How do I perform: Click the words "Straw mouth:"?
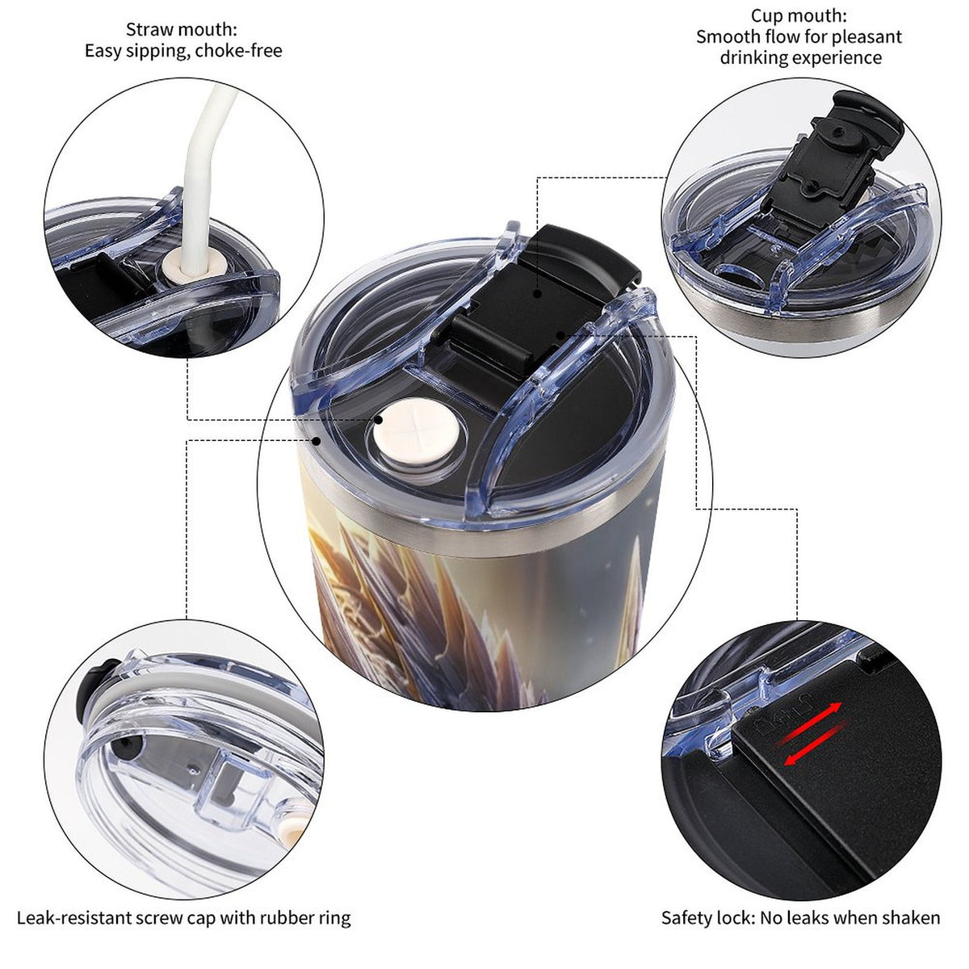(182, 30)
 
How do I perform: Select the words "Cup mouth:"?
(799, 15)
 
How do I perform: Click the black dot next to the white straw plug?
(378, 419)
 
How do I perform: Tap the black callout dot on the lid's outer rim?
(317, 441)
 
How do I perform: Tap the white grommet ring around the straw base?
(187, 265)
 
